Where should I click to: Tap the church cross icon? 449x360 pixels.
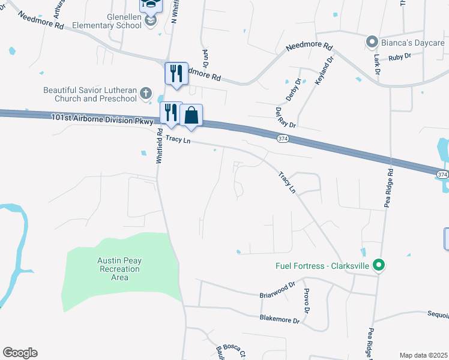click(x=145, y=94)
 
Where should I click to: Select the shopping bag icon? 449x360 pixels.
click(x=191, y=115)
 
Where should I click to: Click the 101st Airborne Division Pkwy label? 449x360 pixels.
click(x=104, y=121)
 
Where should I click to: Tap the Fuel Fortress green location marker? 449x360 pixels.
click(x=378, y=265)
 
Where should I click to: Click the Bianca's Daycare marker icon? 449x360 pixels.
click(x=372, y=42)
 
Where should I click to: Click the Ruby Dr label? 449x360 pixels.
click(x=399, y=56)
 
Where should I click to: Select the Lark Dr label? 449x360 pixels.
click(x=377, y=64)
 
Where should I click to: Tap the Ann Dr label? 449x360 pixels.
click(x=205, y=58)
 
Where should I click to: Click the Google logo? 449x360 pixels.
click(x=20, y=353)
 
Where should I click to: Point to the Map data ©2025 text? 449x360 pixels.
click(x=423, y=355)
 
